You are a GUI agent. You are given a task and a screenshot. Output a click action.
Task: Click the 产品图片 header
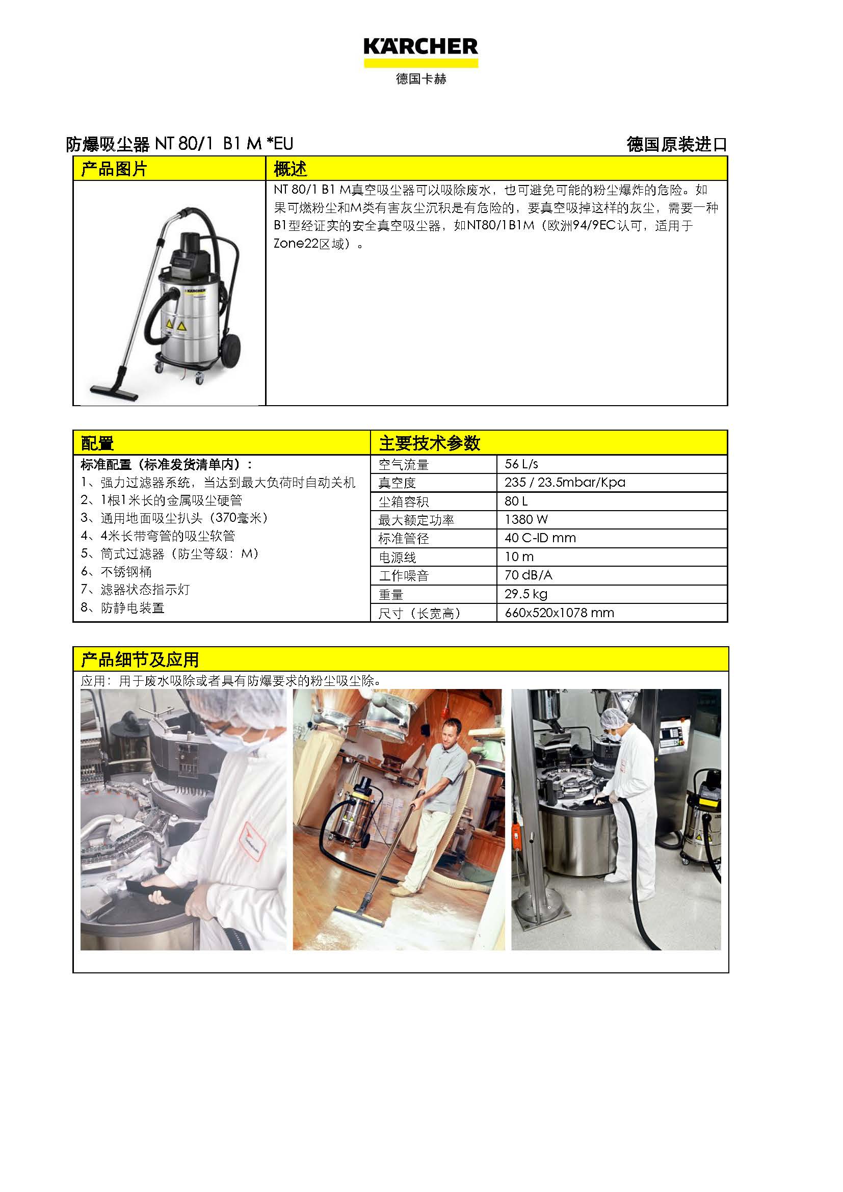(114, 169)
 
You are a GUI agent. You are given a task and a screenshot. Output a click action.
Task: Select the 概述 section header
(290, 169)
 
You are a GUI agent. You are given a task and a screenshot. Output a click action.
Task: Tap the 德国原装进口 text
(677, 144)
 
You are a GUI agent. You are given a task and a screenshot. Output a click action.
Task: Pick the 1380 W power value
(526, 519)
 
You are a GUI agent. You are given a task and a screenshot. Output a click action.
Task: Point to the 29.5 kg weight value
(526, 594)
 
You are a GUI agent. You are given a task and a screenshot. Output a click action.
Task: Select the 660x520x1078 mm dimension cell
(559, 613)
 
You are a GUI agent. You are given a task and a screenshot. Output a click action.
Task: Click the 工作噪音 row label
(403, 576)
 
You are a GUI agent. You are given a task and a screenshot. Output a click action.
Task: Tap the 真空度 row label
(397, 483)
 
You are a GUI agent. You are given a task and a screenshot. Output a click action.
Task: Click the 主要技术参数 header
(430, 443)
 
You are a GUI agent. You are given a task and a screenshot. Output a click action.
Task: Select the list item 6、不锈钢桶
(116, 572)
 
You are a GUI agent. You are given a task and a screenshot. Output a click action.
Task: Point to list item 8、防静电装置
(122, 607)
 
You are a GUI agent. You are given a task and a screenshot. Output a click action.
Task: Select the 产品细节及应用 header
(140, 660)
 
